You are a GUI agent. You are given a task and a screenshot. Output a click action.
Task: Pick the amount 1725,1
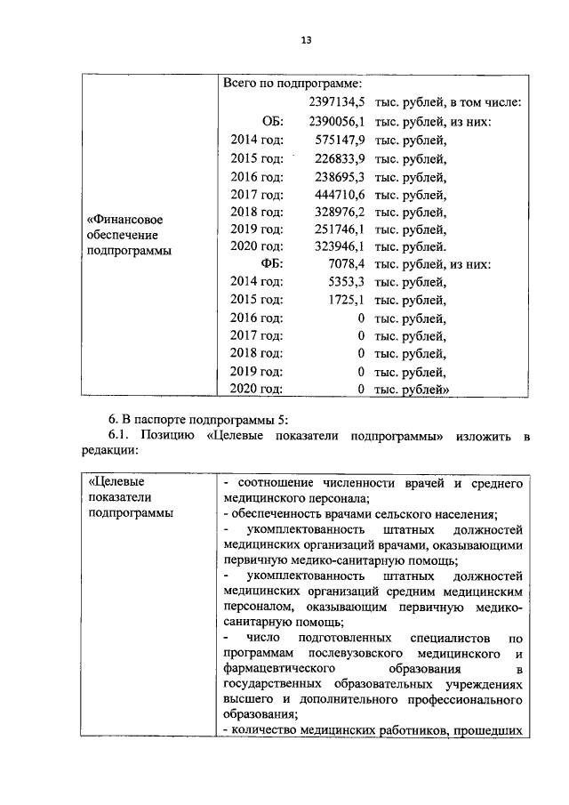tap(346, 300)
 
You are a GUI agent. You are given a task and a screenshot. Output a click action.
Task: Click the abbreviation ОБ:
tap(272, 121)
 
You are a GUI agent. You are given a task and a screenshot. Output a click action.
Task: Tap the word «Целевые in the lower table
tap(114, 481)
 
